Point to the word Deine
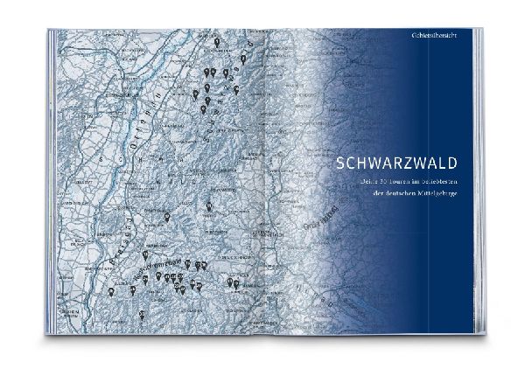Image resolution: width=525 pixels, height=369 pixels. click(x=344, y=179)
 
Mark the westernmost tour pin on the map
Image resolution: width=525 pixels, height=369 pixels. click(x=111, y=295)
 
